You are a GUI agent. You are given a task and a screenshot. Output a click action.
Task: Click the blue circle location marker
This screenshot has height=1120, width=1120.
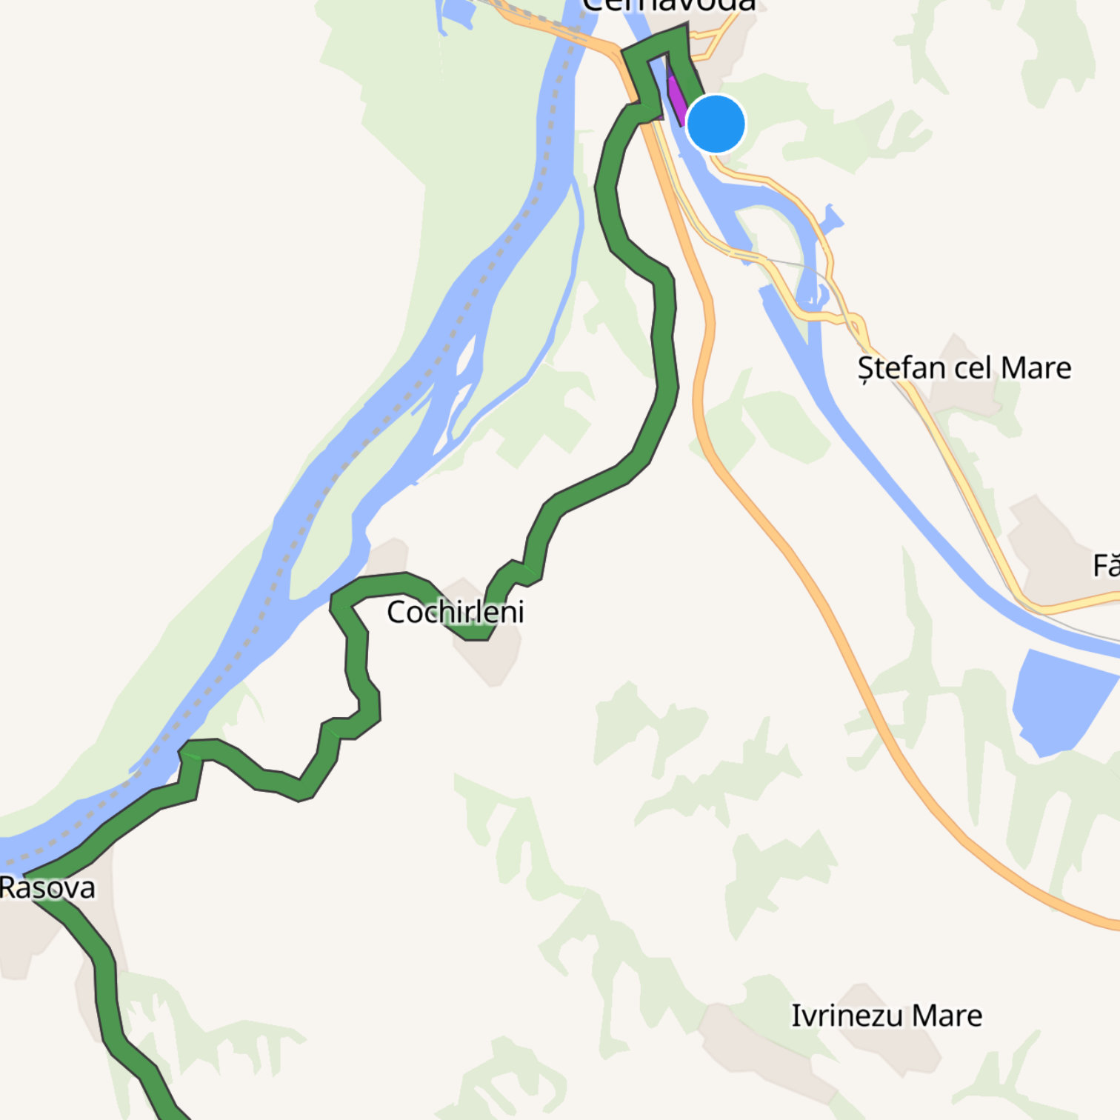point(716,124)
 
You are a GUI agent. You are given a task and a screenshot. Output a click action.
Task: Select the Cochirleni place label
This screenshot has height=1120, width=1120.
point(455,612)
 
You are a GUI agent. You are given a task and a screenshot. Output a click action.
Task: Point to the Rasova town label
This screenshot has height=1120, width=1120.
point(47,887)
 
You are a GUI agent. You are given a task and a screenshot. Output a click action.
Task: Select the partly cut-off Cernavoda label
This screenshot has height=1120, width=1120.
point(669,6)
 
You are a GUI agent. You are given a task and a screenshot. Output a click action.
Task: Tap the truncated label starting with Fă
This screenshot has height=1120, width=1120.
point(1106,566)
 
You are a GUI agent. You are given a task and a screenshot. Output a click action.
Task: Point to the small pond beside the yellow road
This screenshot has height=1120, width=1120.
point(832,219)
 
